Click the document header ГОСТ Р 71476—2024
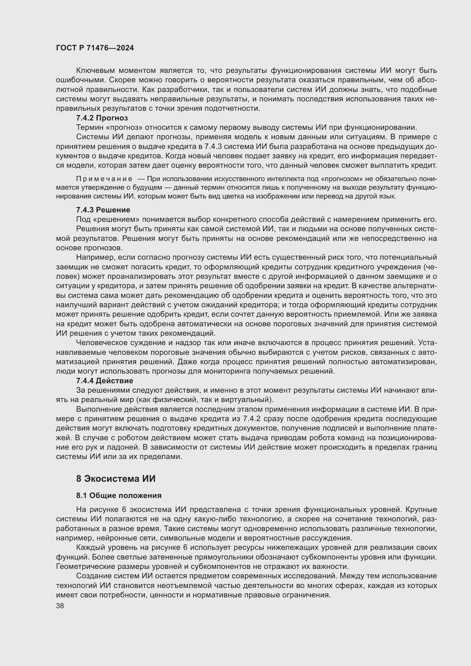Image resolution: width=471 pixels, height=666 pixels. coord(95,48)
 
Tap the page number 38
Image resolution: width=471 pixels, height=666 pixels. coord(60,606)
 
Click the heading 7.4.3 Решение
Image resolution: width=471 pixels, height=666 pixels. coord(103,210)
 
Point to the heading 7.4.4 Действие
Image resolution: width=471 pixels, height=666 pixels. coord(105,381)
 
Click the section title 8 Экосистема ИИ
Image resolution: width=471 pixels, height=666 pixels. coord(116,479)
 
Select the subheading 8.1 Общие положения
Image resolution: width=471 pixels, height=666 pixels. coord(119,495)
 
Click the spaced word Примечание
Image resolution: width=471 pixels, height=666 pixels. coord(104,179)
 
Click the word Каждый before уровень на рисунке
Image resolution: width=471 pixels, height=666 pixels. coord(88,548)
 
